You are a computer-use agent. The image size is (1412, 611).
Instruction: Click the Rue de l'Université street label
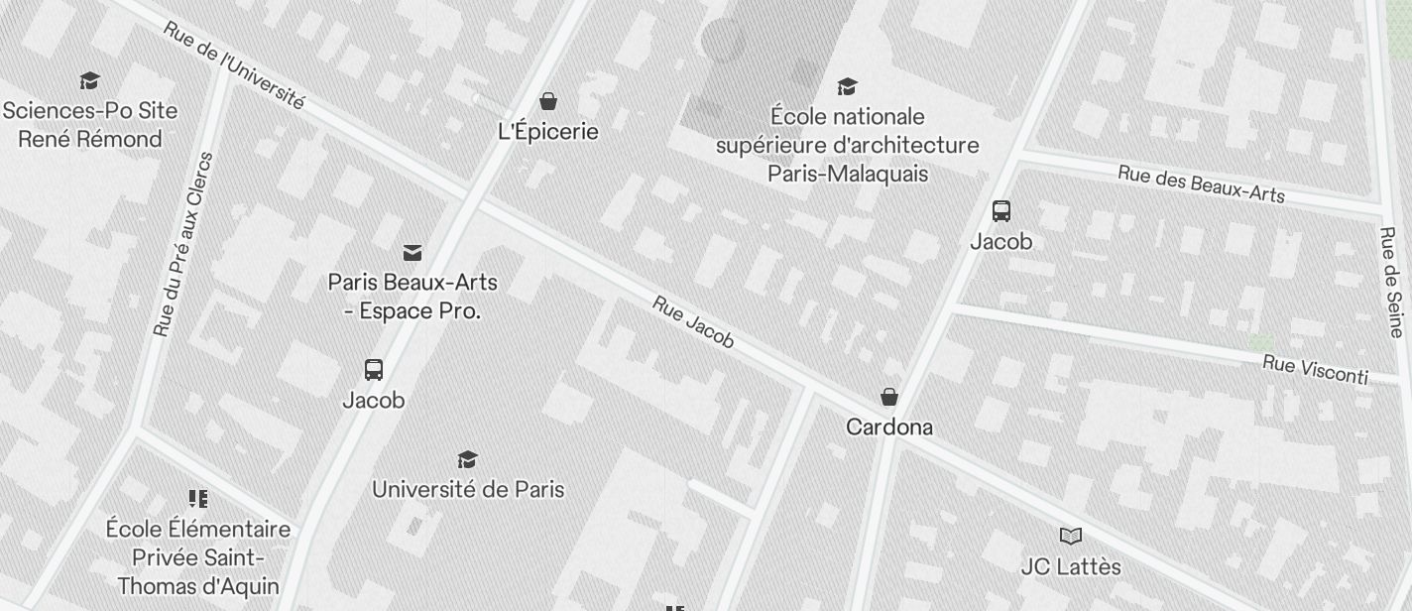click(x=233, y=65)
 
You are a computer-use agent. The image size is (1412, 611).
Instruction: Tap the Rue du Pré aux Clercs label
click(x=184, y=244)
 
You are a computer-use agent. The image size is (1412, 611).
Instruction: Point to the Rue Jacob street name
click(x=693, y=322)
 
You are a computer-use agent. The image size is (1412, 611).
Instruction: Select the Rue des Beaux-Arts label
click(x=1201, y=183)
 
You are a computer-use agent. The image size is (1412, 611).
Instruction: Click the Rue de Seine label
click(x=1392, y=283)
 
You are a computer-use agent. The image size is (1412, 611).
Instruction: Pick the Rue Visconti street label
click(x=1315, y=369)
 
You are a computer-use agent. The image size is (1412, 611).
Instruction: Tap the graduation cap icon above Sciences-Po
click(x=90, y=80)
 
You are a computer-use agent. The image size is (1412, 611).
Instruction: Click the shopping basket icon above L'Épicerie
click(x=547, y=100)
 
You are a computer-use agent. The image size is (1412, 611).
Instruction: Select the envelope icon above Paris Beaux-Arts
click(x=412, y=253)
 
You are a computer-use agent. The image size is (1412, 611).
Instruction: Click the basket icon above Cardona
click(x=889, y=397)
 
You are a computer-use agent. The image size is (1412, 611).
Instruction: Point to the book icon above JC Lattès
click(x=1071, y=537)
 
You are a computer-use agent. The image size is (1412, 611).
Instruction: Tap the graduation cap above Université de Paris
click(x=467, y=459)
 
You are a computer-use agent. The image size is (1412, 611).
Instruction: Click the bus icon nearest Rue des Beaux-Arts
click(x=1001, y=210)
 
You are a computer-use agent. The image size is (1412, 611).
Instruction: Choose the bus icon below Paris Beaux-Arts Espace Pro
click(x=374, y=370)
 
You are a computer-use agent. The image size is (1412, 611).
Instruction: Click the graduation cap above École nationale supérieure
click(x=847, y=86)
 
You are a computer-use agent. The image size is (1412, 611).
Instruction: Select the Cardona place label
click(x=889, y=427)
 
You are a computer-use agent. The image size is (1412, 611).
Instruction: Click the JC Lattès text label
click(x=1071, y=566)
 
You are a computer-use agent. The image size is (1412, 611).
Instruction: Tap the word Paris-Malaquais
click(x=848, y=174)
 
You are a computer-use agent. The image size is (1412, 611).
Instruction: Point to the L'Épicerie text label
click(x=548, y=131)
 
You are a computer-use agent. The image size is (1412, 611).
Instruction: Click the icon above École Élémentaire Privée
click(x=198, y=498)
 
